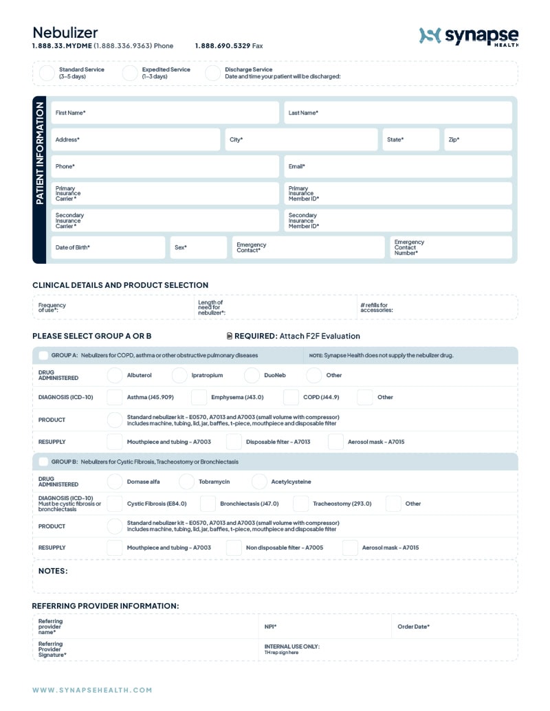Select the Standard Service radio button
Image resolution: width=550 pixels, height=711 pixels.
click(47, 73)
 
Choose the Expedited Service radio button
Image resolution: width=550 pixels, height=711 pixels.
click(130, 73)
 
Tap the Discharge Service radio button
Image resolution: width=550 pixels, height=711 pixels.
click(212, 73)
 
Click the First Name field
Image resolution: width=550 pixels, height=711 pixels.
click(165, 113)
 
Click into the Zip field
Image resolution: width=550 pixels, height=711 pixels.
click(478, 139)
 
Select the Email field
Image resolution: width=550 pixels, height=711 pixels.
click(398, 166)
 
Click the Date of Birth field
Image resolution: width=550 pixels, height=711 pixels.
click(108, 247)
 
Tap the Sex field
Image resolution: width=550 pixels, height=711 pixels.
click(198, 247)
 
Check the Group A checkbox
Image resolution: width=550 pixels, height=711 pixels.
click(43, 355)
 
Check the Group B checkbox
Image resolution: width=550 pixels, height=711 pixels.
click(43, 462)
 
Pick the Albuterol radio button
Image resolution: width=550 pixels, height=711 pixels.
click(115, 375)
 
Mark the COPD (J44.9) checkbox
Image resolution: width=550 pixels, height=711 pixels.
click(291, 397)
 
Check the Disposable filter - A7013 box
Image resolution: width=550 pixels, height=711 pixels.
click(234, 442)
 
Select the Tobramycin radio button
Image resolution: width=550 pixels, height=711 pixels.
click(186, 482)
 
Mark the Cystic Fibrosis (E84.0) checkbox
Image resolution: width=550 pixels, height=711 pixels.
click(115, 504)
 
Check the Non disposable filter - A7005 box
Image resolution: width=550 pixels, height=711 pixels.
click(234, 548)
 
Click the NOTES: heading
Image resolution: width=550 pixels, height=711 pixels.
click(53, 571)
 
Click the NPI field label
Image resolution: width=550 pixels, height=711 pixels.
click(270, 627)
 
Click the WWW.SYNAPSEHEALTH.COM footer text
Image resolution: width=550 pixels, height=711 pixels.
click(92, 690)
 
